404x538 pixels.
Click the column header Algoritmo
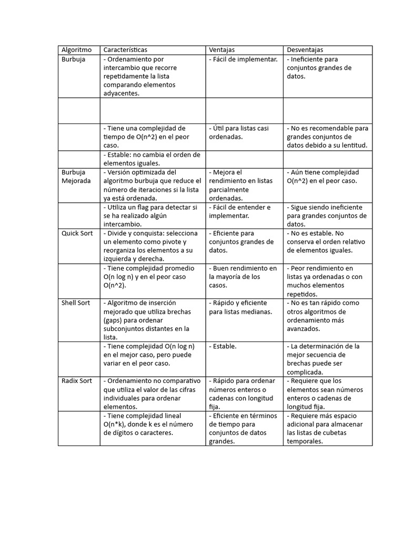[77, 50]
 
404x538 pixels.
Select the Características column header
[125, 50]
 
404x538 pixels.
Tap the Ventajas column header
[222, 50]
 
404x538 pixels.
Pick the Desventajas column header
[305, 50]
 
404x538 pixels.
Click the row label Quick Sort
[77, 233]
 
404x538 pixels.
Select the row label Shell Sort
[76, 303]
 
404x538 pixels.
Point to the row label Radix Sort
[77, 381]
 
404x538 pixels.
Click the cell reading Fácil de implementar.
[243, 59]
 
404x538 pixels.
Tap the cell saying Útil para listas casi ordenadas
[239, 132]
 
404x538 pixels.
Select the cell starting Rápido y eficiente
[239, 307]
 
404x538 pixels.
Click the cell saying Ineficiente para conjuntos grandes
[319, 68]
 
